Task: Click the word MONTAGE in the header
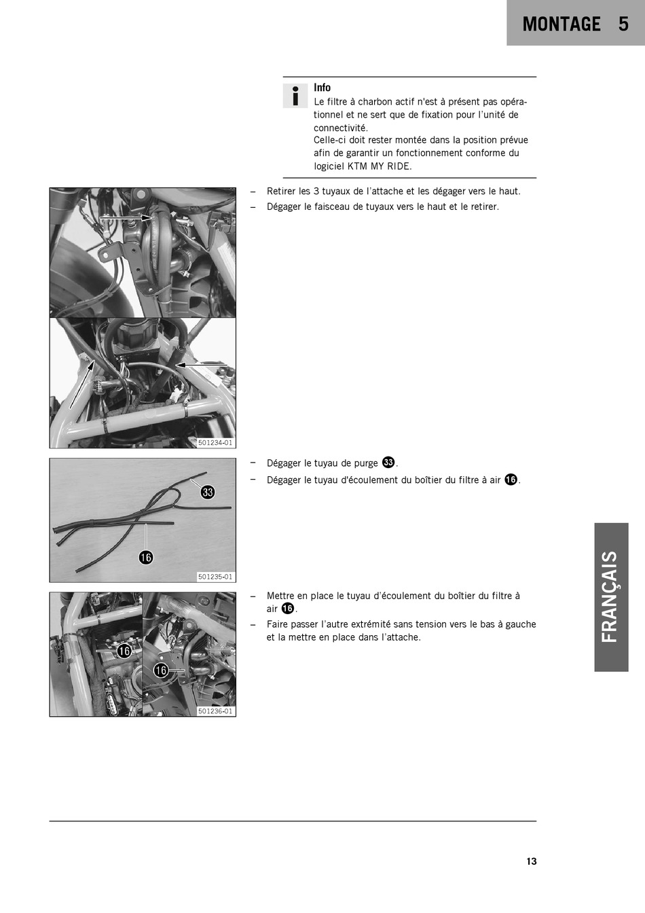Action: click(561, 24)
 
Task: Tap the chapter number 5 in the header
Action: click(623, 24)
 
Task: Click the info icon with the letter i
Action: click(295, 96)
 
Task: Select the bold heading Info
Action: click(322, 88)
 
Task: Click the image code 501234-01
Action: click(215, 443)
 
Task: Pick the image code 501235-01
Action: click(215, 577)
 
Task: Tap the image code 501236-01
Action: click(215, 711)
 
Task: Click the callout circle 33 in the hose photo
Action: click(208, 493)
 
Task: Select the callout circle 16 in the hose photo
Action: click(146, 557)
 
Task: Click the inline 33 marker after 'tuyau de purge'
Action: click(389, 462)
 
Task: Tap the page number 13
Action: click(532, 861)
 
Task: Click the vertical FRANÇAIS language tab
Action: click(611, 597)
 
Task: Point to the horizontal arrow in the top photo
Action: click(126, 218)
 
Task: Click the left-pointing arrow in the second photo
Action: click(201, 364)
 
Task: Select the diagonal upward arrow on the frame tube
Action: click(81, 384)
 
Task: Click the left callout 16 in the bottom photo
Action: click(124, 651)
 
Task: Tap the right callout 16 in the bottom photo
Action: click(161, 670)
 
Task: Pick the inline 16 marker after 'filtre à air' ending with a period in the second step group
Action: click(511, 480)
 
